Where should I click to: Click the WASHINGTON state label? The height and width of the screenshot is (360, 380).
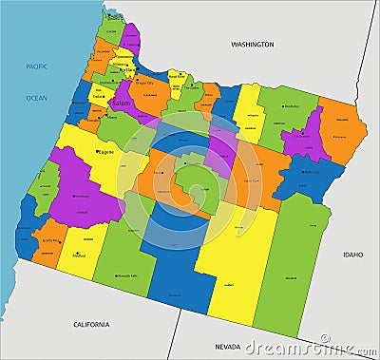(252, 44)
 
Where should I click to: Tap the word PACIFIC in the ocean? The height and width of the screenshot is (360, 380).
(36, 66)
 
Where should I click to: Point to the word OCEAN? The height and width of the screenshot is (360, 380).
(36, 97)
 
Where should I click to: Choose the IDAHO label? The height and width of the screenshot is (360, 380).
(353, 254)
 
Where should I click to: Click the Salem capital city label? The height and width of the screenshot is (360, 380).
(122, 102)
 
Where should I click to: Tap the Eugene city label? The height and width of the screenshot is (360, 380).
(106, 151)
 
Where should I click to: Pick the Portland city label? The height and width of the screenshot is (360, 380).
(127, 69)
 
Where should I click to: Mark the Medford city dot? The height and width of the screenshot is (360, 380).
(78, 255)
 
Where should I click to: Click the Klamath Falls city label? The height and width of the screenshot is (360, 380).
(128, 275)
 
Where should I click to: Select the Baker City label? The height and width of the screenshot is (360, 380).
(311, 172)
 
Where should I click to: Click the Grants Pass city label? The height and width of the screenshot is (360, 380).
(52, 242)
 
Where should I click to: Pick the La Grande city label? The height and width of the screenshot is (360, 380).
(303, 136)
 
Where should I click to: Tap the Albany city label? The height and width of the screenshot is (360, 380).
(111, 118)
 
